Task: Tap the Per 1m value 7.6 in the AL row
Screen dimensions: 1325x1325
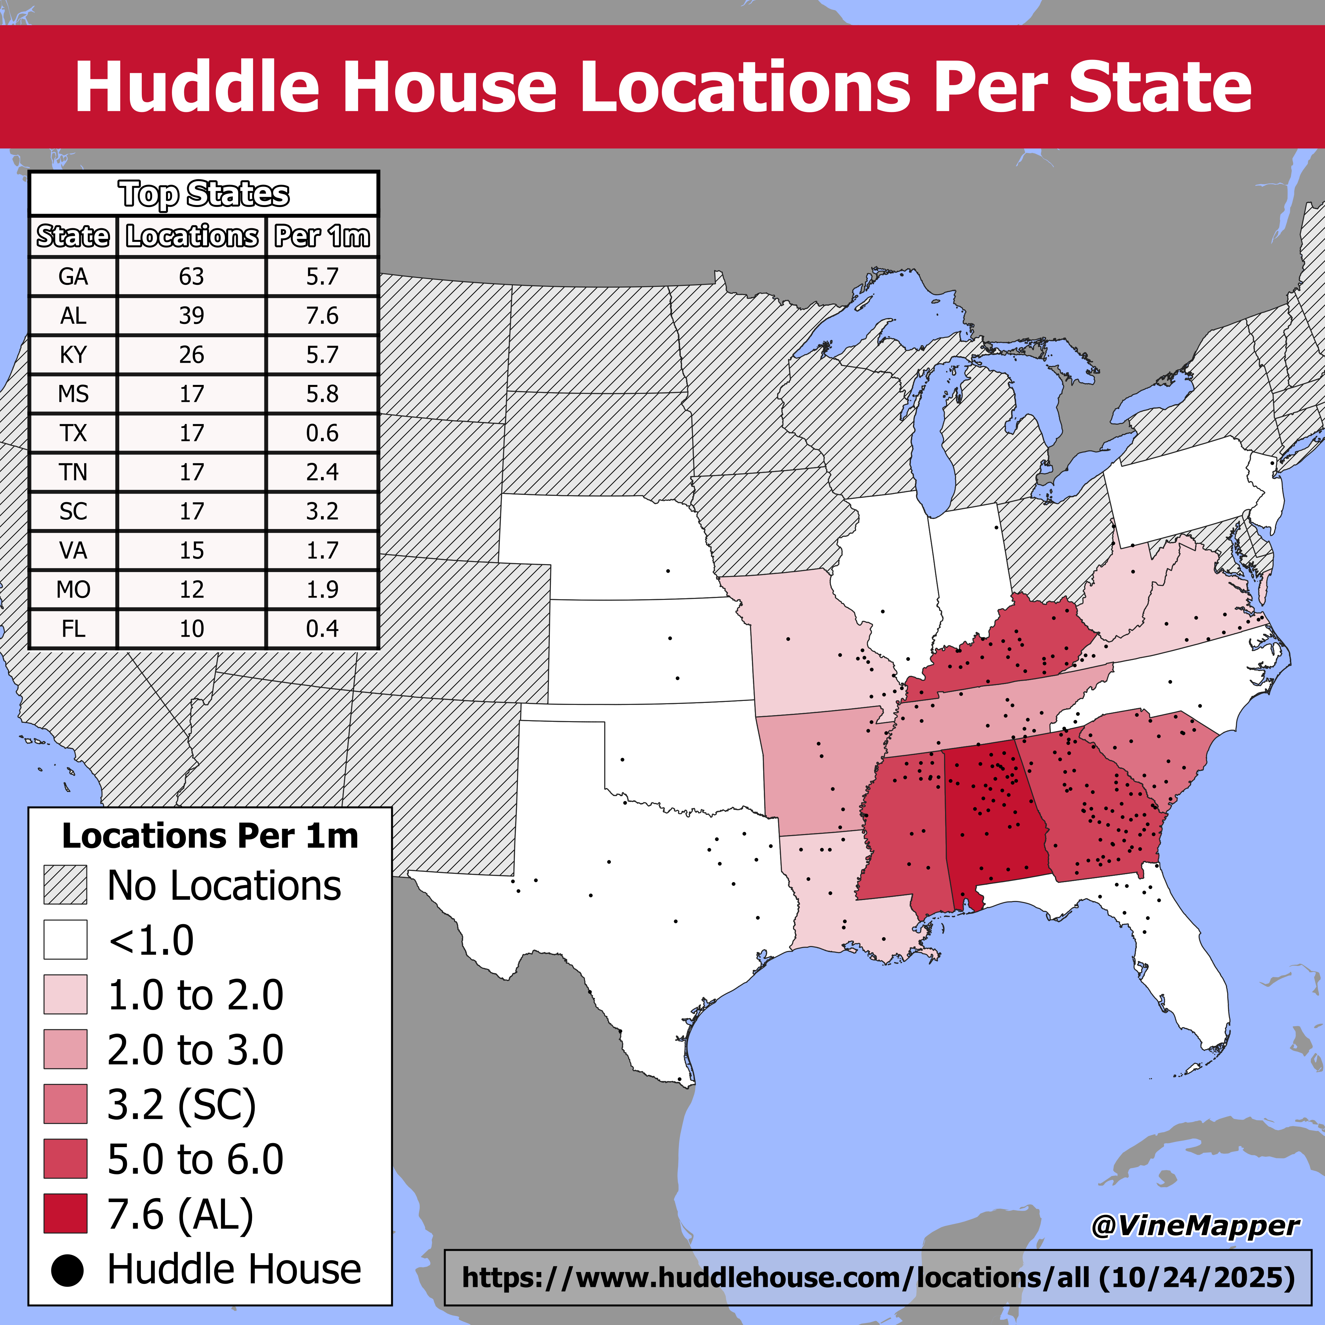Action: (x=322, y=315)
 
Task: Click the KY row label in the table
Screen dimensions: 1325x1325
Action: (x=74, y=354)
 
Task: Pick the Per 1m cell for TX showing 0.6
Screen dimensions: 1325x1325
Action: (x=322, y=433)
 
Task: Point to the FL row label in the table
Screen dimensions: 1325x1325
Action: (x=74, y=628)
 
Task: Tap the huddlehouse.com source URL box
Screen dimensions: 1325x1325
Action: (x=878, y=1277)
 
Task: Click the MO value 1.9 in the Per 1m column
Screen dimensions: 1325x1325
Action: (x=322, y=589)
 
